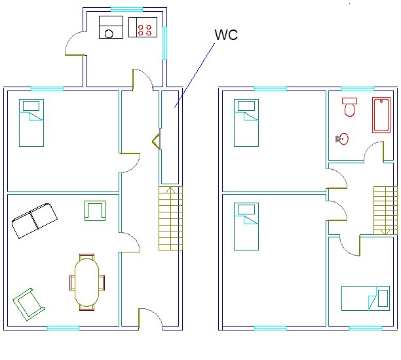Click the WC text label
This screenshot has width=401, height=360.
click(x=226, y=35)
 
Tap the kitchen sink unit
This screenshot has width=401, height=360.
click(x=111, y=28)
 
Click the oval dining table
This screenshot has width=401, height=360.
click(x=87, y=283)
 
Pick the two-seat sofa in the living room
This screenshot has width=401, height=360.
click(x=34, y=220)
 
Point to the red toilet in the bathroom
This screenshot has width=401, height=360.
click(x=349, y=107)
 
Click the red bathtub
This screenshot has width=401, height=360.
click(x=381, y=115)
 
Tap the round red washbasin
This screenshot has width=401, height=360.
click(x=343, y=139)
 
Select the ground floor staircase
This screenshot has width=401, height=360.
click(x=170, y=218)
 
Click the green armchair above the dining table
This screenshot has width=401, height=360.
click(x=95, y=210)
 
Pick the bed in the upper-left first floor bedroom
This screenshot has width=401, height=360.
click(x=246, y=123)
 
